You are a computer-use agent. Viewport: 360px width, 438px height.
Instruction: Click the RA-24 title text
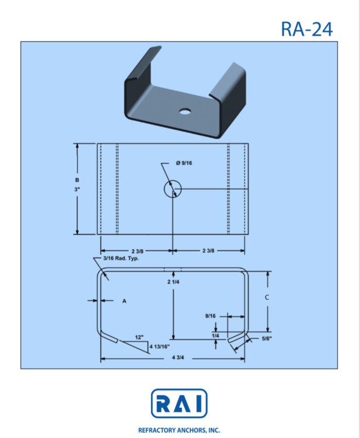307,29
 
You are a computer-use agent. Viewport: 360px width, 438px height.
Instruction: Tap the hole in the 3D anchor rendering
185,111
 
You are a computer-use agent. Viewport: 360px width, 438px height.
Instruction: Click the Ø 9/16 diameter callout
184,163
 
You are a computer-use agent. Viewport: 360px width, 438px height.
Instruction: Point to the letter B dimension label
77,180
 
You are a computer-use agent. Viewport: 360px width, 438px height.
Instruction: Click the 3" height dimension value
77,189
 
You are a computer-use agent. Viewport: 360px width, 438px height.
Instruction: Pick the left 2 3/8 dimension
138,251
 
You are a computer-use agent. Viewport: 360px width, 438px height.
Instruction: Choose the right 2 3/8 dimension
208,251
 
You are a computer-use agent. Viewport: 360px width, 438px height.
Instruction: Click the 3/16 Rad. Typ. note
121,258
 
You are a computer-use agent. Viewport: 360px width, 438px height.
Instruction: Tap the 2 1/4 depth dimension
173,282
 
